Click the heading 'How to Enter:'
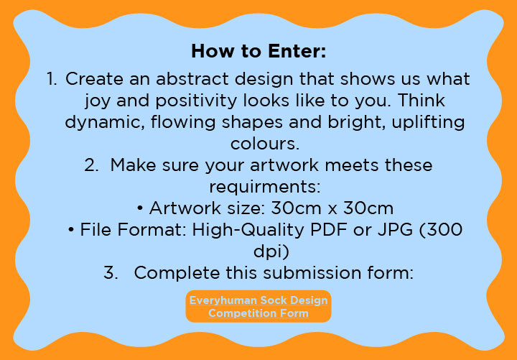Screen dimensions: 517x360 coord(258,52)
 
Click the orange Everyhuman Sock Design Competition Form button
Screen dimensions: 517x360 coord(258,307)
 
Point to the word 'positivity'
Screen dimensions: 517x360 coord(196,101)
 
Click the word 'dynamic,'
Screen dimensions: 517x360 coord(105,123)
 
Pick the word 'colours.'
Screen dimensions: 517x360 coord(265,144)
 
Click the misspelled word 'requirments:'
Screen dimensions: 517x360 coord(265,187)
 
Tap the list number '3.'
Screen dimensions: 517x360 coord(111,273)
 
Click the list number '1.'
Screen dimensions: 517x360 coord(52,79)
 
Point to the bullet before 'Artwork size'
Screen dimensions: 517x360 coord(140,209)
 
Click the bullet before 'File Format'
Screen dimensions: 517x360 coord(71,231)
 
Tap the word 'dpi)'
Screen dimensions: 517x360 coord(271,251)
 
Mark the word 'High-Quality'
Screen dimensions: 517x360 coord(248,231)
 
